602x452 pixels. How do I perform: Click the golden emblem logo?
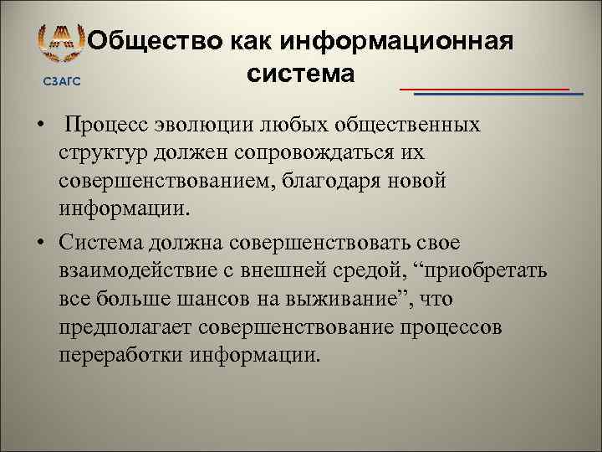[62, 44]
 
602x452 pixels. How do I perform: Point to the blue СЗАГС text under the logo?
[62, 81]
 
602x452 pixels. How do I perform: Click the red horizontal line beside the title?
[484, 88]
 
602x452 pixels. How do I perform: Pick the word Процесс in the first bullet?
[107, 126]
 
